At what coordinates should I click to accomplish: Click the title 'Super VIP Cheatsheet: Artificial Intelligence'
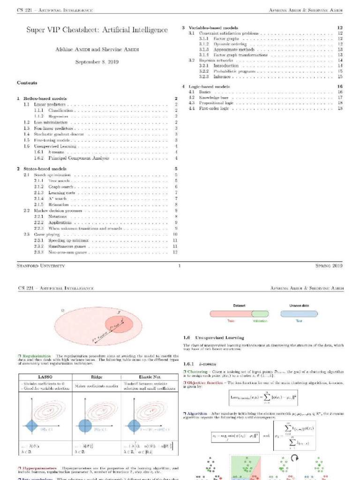click(97, 30)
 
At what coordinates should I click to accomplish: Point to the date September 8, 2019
click(97, 61)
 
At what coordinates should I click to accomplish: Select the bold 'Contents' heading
click(27, 83)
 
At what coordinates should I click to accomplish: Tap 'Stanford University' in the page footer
click(41, 266)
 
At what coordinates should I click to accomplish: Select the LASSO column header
click(45, 376)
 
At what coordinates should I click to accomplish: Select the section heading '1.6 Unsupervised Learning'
click(213, 337)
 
